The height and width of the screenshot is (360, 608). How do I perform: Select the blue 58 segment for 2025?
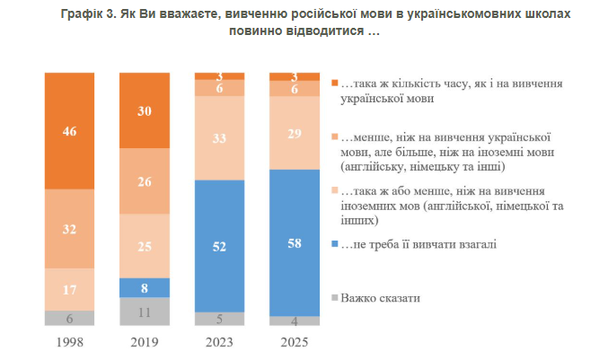pos(295,241)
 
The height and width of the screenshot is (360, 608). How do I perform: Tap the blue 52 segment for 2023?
pos(219,245)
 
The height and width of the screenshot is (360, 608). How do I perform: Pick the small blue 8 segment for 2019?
pos(145,286)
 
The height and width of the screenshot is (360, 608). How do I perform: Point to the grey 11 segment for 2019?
pos(145,311)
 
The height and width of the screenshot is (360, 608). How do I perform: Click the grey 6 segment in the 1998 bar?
pos(69,318)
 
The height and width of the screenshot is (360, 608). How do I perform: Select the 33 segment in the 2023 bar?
pos(219,137)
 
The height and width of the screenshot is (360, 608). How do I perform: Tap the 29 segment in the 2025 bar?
pos(295,132)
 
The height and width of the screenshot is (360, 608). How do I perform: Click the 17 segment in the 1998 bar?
pos(69,289)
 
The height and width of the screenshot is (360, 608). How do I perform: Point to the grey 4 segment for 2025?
pos(295,320)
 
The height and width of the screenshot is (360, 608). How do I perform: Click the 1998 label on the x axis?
pos(69,342)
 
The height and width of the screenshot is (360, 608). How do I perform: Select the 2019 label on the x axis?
pos(145,342)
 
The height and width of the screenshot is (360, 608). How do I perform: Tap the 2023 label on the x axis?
pos(219,342)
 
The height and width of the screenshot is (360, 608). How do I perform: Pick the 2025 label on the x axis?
pos(295,342)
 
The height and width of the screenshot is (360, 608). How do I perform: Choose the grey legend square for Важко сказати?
pos(335,297)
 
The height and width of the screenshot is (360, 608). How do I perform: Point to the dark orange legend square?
pos(335,83)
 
